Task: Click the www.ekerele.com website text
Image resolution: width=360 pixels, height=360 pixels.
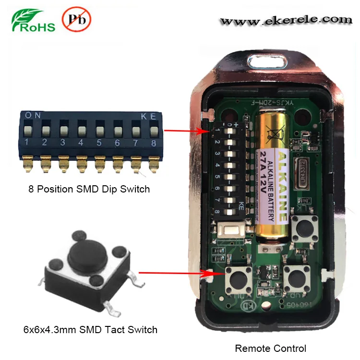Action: point(286,20)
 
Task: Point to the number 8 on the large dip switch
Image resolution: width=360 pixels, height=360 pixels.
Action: point(154,142)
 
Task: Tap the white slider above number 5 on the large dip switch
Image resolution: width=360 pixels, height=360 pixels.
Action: point(99,130)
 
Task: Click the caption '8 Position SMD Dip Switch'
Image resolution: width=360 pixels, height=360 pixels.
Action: point(89,189)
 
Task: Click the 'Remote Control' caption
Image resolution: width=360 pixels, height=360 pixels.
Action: point(270,348)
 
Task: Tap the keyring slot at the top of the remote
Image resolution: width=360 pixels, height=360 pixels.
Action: point(266,62)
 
